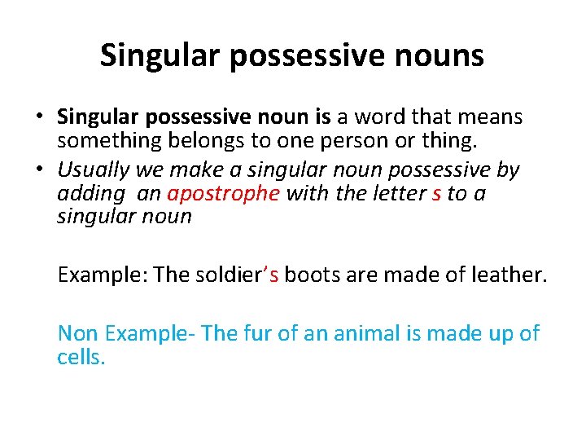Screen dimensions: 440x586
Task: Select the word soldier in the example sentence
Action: coord(230,275)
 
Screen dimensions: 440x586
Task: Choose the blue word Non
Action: coord(77,333)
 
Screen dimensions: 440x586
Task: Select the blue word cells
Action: coord(80,357)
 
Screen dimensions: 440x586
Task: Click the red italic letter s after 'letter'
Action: coord(437,194)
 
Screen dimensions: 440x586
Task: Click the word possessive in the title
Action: coord(307,55)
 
